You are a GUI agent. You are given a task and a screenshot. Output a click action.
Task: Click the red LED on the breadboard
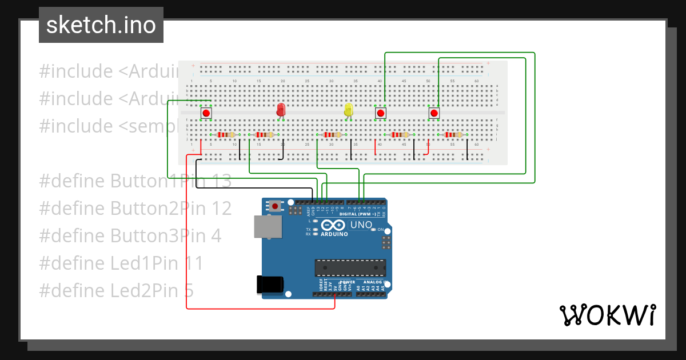point(281,110)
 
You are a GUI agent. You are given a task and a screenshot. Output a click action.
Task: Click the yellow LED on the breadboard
point(349,110)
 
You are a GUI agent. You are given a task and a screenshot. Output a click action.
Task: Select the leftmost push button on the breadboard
point(206,113)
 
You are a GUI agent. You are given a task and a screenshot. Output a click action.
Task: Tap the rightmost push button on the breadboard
point(434,113)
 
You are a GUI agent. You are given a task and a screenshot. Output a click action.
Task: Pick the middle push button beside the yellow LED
point(380,113)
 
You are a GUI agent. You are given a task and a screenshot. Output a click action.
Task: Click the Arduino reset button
point(276,206)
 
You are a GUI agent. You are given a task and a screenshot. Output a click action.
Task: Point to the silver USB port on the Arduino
point(268,227)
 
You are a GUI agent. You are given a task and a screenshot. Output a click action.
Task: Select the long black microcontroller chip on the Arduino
point(350,268)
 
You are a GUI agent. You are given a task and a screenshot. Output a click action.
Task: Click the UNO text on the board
point(361,225)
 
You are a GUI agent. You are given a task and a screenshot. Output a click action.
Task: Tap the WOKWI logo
point(607,315)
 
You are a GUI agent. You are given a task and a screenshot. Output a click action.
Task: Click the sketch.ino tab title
point(101,25)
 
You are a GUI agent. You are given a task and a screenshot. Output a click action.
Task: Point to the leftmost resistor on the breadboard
point(226,135)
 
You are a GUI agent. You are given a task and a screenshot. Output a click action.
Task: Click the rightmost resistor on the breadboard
point(453,135)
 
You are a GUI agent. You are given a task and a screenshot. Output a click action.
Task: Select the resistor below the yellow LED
point(332,135)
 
